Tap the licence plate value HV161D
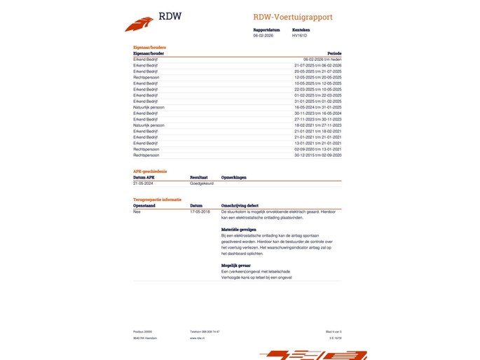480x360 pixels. pos(300,35)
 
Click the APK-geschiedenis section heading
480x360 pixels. pos(150,172)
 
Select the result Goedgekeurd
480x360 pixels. pos(192,184)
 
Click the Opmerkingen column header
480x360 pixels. pos(234,178)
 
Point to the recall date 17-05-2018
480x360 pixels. pos(200,211)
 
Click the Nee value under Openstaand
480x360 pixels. pos(137,211)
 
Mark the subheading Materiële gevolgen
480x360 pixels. pos(239,230)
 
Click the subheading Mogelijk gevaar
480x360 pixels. pos(236,265)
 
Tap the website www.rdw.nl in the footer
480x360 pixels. pos(197,338)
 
